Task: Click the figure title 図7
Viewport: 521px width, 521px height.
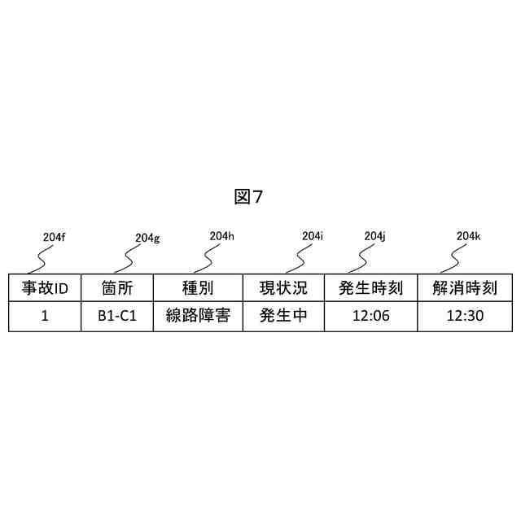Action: click(247, 196)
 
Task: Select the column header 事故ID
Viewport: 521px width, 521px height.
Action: click(45, 288)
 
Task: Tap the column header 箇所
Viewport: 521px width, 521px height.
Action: click(117, 288)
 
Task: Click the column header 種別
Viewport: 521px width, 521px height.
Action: click(198, 288)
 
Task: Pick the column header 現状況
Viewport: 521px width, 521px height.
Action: click(283, 288)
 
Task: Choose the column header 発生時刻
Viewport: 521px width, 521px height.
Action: click(370, 288)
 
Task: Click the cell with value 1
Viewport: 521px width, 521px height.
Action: click(45, 316)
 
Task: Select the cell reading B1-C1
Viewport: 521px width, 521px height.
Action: click(117, 316)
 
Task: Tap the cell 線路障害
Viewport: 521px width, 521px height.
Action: click(198, 316)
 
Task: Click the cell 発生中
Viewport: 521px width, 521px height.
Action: click(283, 316)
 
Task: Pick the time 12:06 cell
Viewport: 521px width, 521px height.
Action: click(370, 316)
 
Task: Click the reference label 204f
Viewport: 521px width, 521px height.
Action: click(53, 237)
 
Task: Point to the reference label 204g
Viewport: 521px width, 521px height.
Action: click(147, 238)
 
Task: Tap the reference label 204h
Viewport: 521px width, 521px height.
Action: click(221, 236)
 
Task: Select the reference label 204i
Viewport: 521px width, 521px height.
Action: click(313, 236)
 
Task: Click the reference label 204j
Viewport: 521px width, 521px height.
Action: click(374, 236)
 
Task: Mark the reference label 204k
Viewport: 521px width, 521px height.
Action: click(468, 236)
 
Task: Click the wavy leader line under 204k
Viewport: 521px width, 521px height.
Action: click(453, 258)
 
